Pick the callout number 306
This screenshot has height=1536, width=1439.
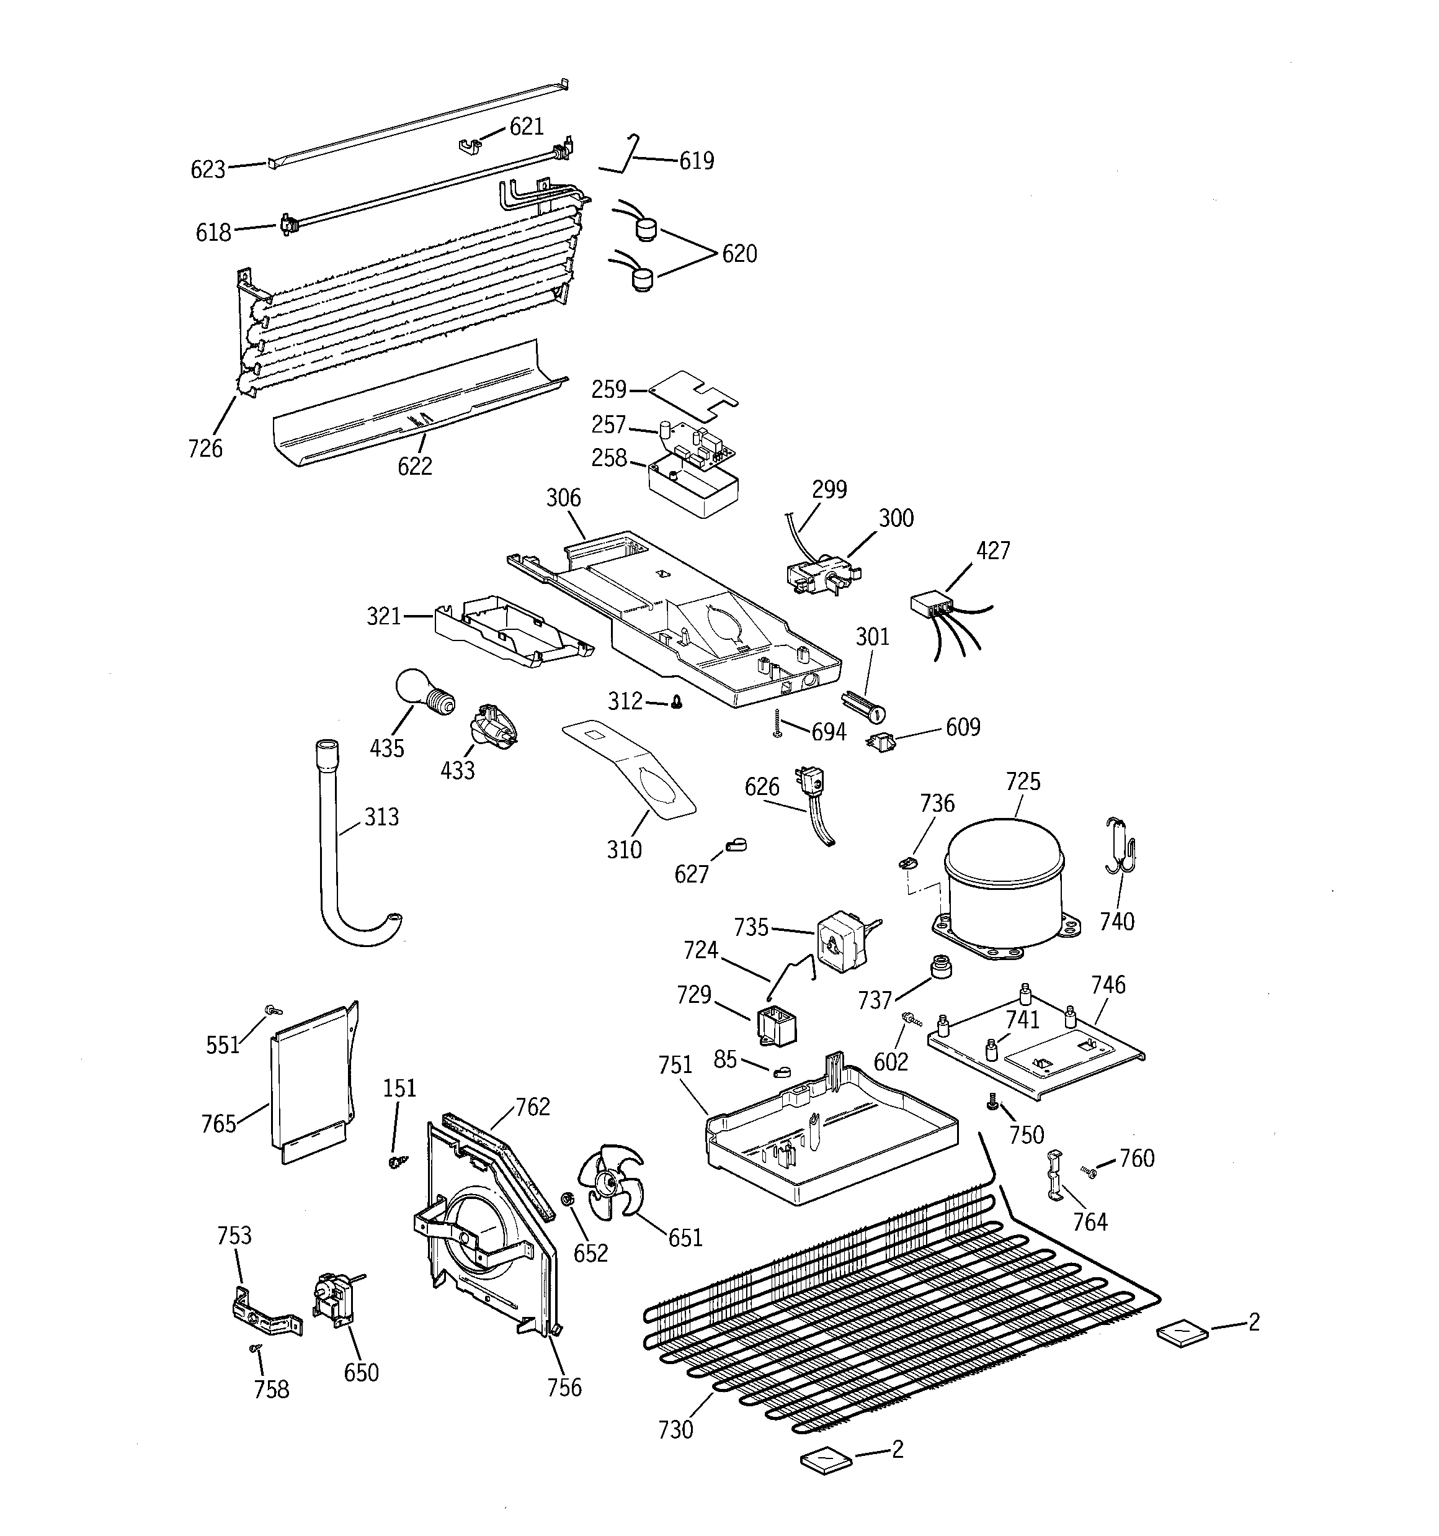pyautogui.click(x=563, y=498)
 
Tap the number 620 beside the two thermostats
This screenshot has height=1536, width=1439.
pyautogui.click(x=739, y=253)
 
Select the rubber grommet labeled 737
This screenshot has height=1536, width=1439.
pyautogui.click(x=940, y=966)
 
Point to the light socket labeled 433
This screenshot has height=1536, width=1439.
pyautogui.click(x=491, y=726)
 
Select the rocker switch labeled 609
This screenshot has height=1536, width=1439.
pyautogui.click(x=878, y=742)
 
